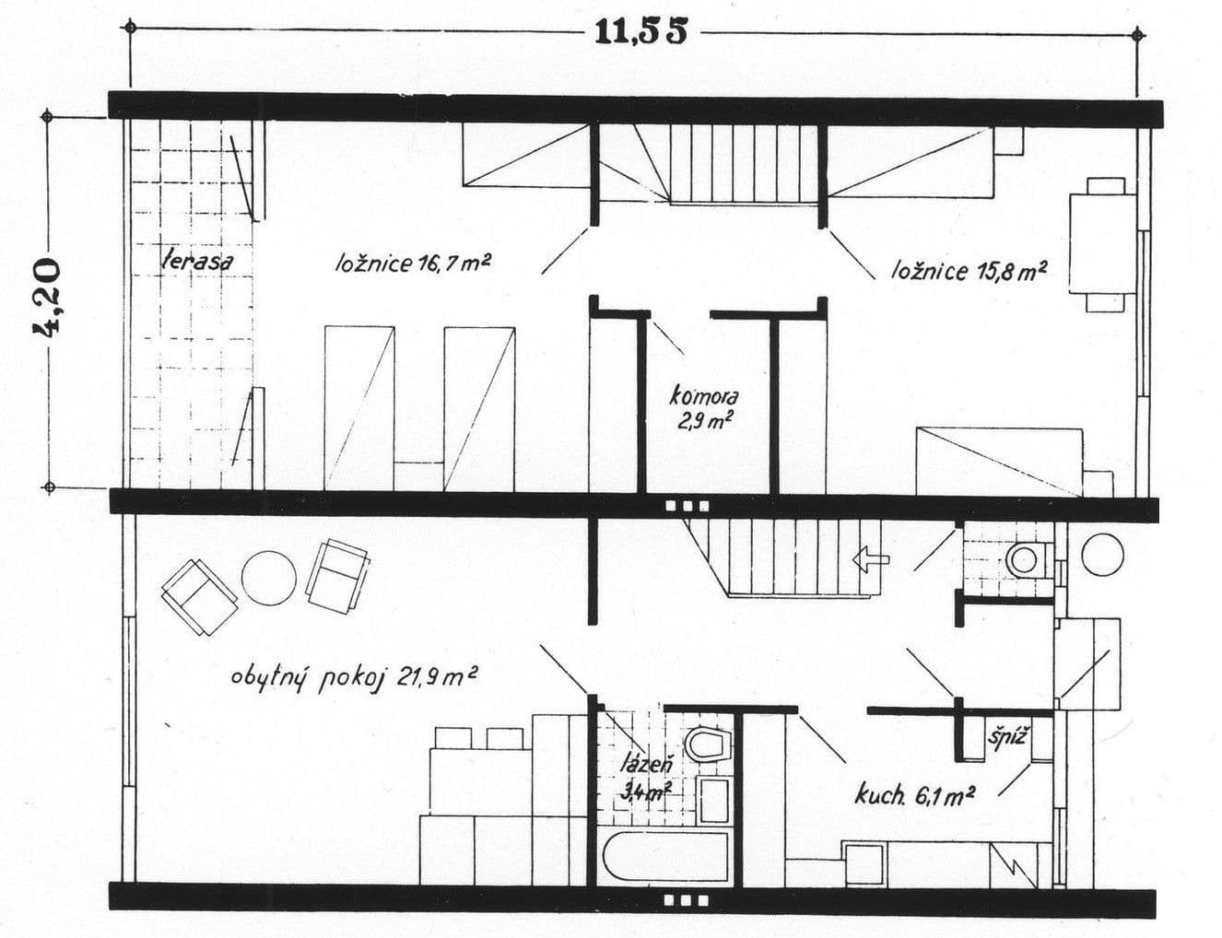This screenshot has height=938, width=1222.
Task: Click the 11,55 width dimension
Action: coord(641,30)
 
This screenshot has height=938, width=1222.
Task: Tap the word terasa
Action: coord(196,260)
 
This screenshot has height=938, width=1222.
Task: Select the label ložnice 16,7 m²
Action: coord(412,264)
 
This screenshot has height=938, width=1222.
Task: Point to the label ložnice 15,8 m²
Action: coord(968,270)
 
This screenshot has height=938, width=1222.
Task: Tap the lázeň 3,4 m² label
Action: coord(648,776)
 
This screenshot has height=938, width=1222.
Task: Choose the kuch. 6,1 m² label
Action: coord(914,794)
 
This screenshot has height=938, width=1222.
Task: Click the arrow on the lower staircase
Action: coord(871,557)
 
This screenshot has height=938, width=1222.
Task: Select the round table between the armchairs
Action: coord(269,577)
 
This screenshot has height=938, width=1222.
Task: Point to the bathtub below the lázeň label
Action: coord(667,859)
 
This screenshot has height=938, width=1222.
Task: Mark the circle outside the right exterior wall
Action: coord(1102,554)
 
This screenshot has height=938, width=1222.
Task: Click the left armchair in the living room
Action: coord(199,596)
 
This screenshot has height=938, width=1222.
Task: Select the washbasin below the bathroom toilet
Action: coord(714,799)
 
